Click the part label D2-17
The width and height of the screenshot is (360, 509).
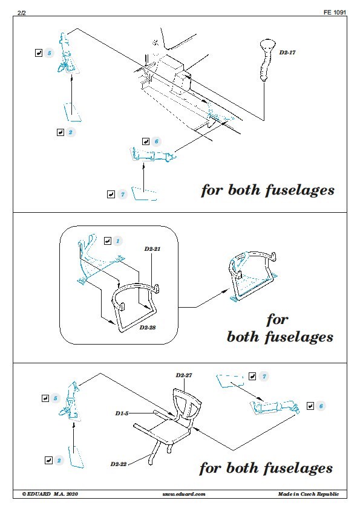click(x=287, y=53)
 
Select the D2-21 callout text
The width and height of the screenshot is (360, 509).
click(x=152, y=249)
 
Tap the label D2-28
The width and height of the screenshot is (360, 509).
click(x=148, y=328)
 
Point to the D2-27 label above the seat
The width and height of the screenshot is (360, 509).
click(x=184, y=375)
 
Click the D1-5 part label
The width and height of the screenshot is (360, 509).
click(x=122, y=413)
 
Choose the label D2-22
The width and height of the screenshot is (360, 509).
click(x=118, y=464)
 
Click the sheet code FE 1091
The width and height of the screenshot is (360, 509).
click(x=335, y=12)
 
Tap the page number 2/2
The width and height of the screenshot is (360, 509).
click(x=21, y=13)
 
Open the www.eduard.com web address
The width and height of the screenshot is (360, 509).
click(x=184, y=494)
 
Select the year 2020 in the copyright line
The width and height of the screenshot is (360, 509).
click(x=72, y=494)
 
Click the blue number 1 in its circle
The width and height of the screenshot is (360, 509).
click(x=117, y=241)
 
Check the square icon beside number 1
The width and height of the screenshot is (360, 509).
click(x=108, y=241)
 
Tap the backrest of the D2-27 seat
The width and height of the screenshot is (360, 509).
click(x=187, y=403)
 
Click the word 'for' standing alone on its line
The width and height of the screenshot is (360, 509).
click(x=277, y=320)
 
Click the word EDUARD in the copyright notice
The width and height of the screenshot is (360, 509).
click(x=39, y=494)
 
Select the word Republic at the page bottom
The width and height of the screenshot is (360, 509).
click(x=328, y=494)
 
